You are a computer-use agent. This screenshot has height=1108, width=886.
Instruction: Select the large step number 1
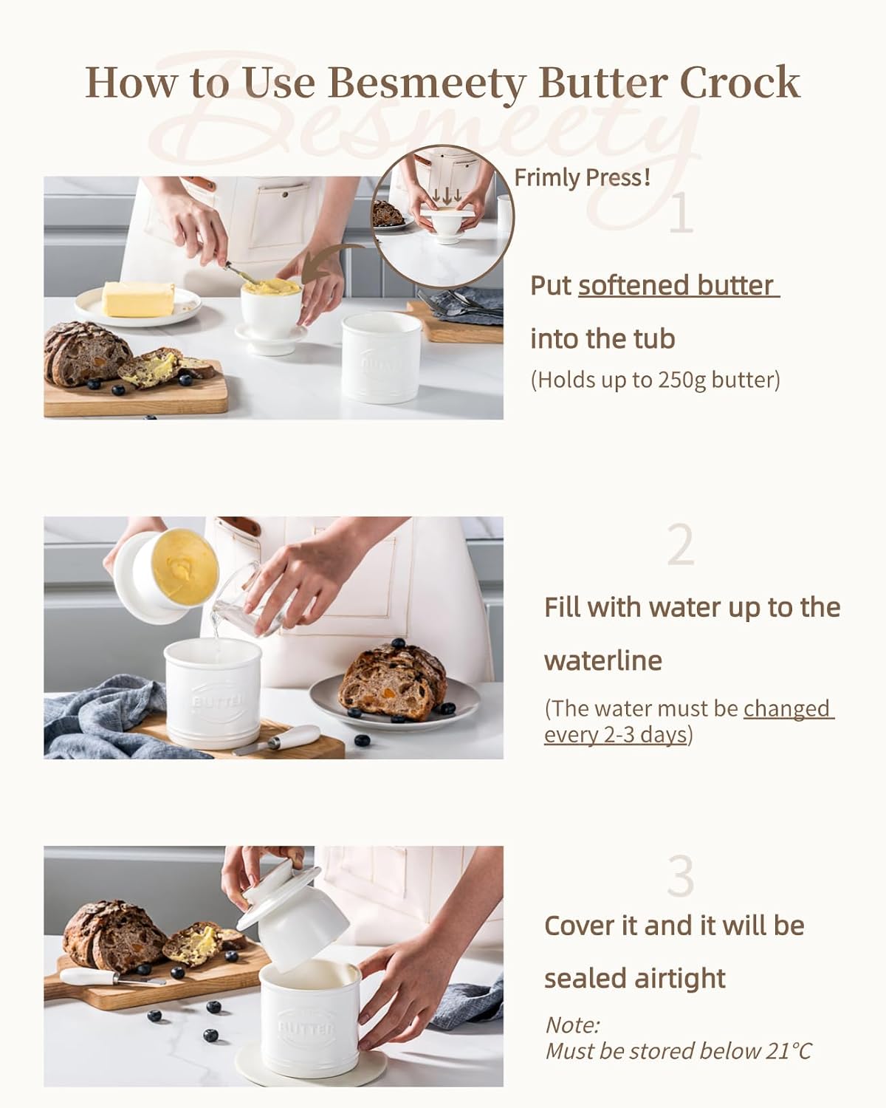pyautogui.click(x=681, y=213)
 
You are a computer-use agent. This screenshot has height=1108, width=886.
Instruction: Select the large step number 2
pyautogui.click(x=681, y=546)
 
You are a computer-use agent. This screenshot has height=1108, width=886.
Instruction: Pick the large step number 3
pyautogui.click(x=681, y=876)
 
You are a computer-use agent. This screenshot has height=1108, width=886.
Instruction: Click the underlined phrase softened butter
pyautogui.click(x=679, y=286)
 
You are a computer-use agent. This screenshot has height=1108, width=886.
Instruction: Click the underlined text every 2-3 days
pyautogui.click(x=616, y=734)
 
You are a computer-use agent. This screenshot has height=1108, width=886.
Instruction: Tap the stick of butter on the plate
pyautogui.click(x=139, y=298)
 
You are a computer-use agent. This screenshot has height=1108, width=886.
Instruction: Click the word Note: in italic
pyautogui.click(x=572, y=1025)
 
